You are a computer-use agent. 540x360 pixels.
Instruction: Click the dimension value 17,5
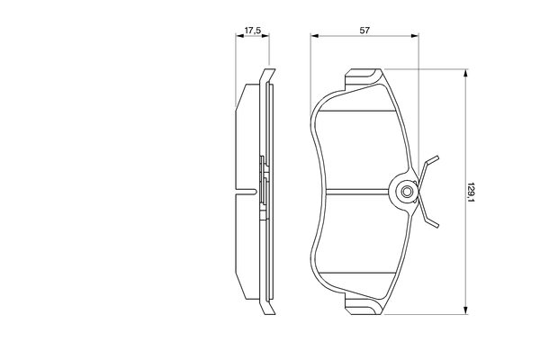253,31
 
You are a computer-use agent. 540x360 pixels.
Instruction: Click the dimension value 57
365,31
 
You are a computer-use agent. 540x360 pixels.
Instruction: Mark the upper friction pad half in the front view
360,144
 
